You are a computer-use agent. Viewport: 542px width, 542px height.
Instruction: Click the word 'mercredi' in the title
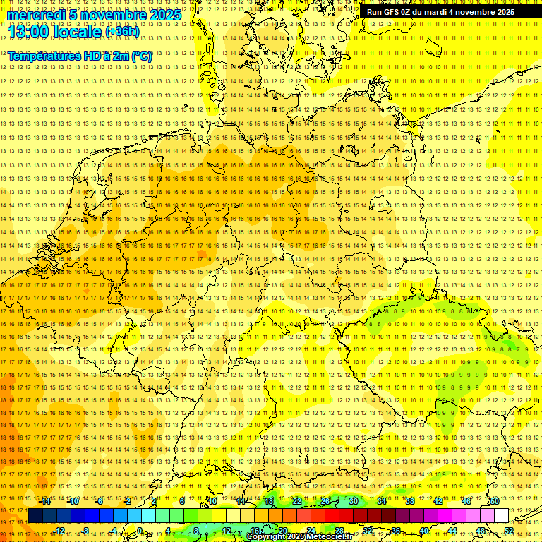coord(36,16)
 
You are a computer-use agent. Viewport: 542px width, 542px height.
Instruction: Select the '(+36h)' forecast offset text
coord(122,32)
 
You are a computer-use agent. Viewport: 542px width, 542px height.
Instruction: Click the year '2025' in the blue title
coord(165,16)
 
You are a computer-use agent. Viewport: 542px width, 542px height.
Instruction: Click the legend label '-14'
coord(45,501)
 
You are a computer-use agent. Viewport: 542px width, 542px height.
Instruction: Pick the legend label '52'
coord(509,531)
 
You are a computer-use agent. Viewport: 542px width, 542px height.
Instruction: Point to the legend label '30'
coord(353,501)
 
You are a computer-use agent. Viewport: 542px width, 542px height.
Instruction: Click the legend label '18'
coord(269,501)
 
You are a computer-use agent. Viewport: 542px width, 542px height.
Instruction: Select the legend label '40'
coord(423,531)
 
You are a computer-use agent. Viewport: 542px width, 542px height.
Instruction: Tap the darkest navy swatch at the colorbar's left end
coord(35,516)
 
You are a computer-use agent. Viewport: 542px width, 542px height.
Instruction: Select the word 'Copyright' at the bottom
coord(267,537)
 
